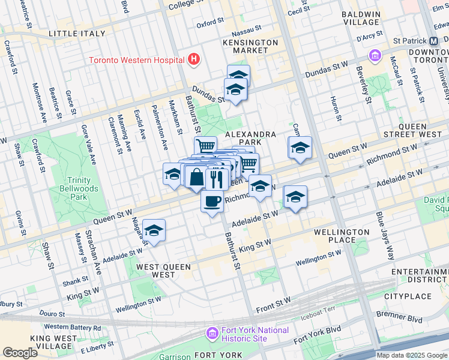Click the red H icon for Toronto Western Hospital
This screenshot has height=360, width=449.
(x=193, y=59)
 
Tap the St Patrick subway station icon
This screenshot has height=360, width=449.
(x=433, y=41)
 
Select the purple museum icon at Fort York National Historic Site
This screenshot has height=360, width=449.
(x=211, y=333)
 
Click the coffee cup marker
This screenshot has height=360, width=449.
(x=212, y=201)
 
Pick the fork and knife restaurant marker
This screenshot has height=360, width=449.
(x=216, y=178)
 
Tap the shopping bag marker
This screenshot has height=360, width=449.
(x=196, y=177)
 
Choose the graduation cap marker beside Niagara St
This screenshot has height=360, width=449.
(x=154, y=230)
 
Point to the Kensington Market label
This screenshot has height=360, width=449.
(x=250, y=46)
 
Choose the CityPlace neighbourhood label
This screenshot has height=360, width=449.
(x=408, y=296)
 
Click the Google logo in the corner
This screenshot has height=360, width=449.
(x=20, y=353)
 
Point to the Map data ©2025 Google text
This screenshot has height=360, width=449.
(x=412, y=355)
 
